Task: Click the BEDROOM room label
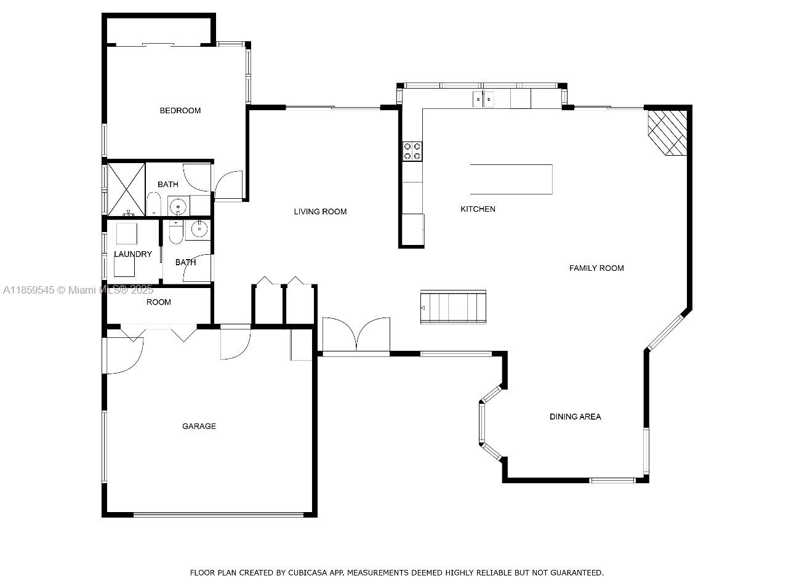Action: click(x=180, y=111)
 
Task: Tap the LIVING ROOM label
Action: click(x=320, y=212)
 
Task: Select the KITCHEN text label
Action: click(x=478, y=209)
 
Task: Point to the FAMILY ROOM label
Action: click(x=596, y=268)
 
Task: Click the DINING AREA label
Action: click(x=575, y=417)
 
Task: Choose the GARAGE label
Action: click(x=199, y=427)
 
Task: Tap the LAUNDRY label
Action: click(x=133, y=254)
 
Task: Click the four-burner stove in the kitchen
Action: click(x=412, y=151)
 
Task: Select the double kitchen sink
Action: click(x=484, y=99)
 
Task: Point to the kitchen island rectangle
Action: click(x=511, y=179)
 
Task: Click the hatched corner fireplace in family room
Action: click(x=667, y=132)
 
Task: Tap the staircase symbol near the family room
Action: click(x=453, y=307)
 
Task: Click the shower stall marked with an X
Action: click(x=126, y=190)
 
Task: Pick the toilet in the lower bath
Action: click(x=176, y=232)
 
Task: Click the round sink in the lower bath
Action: click(x=199, y=230)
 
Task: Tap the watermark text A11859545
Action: click(x=28, y=290)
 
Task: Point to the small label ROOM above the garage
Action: click(x=158, y=302)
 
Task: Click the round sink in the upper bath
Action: click(x=178, y=206)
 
